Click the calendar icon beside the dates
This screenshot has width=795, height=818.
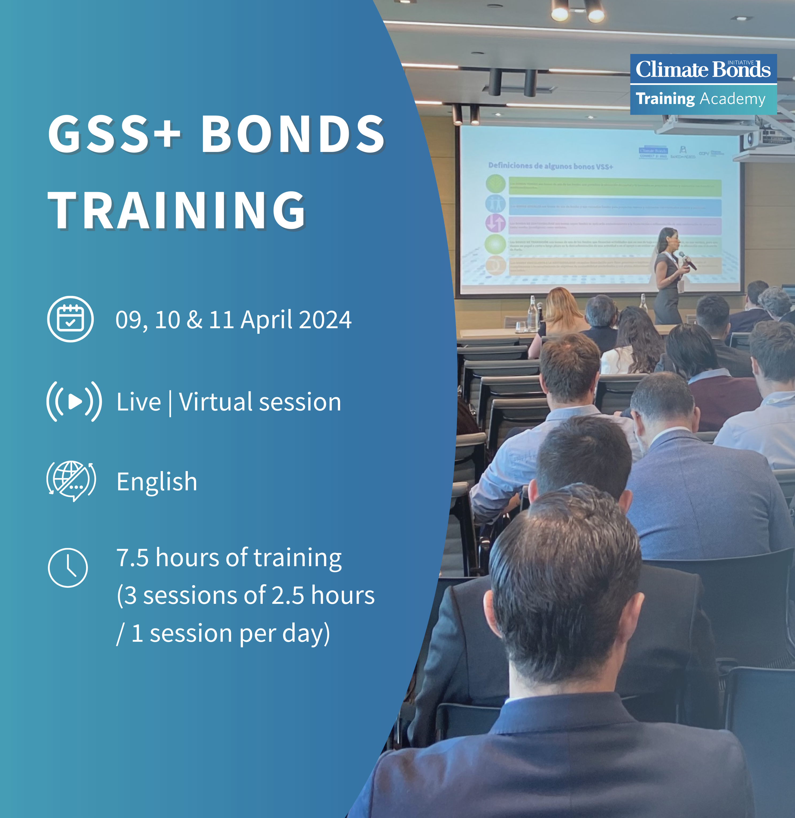70,319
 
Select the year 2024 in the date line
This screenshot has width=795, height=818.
325,320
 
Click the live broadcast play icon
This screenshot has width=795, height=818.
74,401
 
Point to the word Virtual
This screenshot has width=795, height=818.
215,402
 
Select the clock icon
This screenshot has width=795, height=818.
68,567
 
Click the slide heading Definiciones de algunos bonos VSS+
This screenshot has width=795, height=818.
550,166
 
